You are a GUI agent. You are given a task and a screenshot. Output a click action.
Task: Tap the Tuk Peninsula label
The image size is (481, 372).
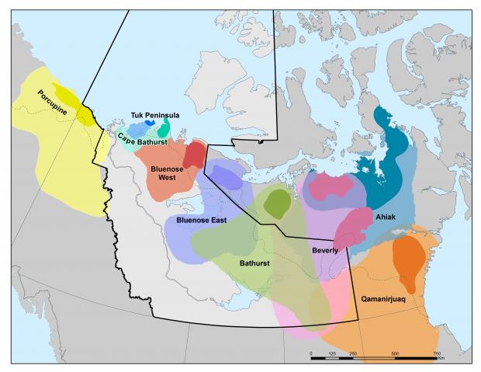154,115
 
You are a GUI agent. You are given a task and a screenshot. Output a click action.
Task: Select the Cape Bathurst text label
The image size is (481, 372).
143,140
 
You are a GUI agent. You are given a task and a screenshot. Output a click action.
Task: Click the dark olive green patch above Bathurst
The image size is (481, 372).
276,203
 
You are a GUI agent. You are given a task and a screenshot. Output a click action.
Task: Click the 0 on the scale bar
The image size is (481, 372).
311,353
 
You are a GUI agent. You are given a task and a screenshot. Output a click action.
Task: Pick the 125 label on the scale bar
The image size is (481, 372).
332,353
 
